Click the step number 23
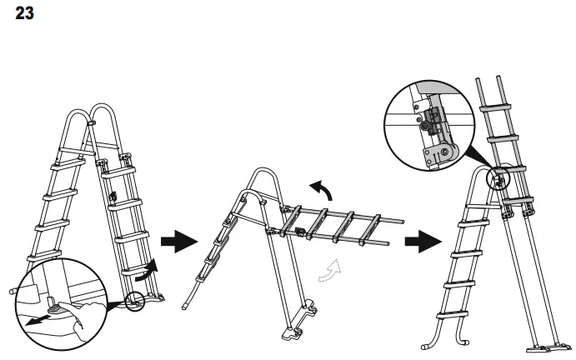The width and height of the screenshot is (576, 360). pyautogui.click(x=24, y=14)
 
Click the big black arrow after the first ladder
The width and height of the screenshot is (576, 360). pyautogui.click(x=178, y=242)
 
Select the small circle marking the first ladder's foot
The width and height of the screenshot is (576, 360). pyautogui.click(x=135, y=301)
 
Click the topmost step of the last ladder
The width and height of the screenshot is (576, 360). pyautogui.click(x=498, y=107)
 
